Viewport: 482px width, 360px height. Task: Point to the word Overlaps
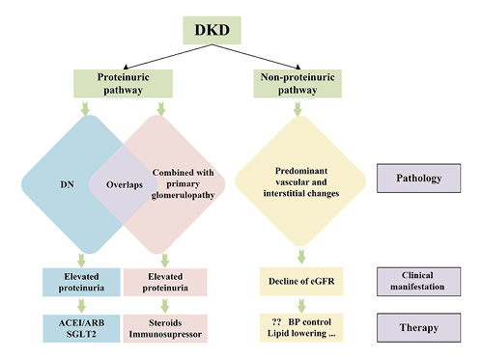[x=114, y=180]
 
